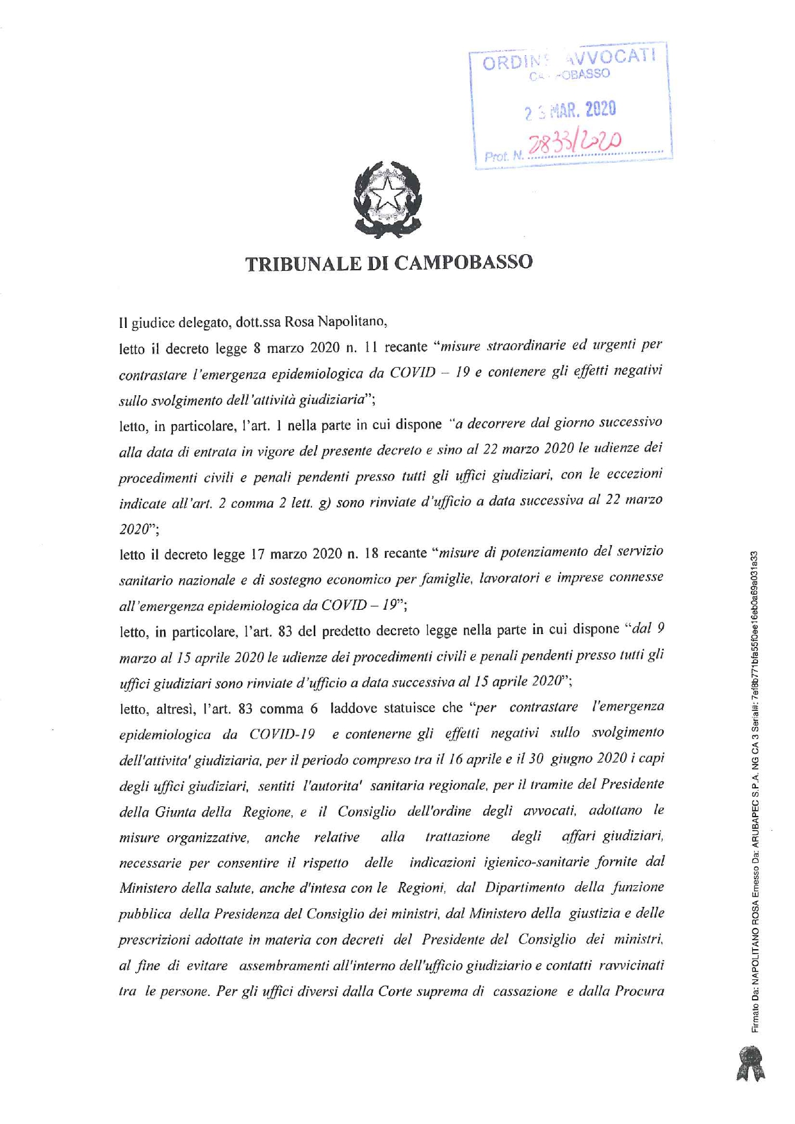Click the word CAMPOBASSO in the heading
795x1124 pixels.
463,263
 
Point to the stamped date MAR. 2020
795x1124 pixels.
582,110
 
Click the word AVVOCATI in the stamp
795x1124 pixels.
612,58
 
